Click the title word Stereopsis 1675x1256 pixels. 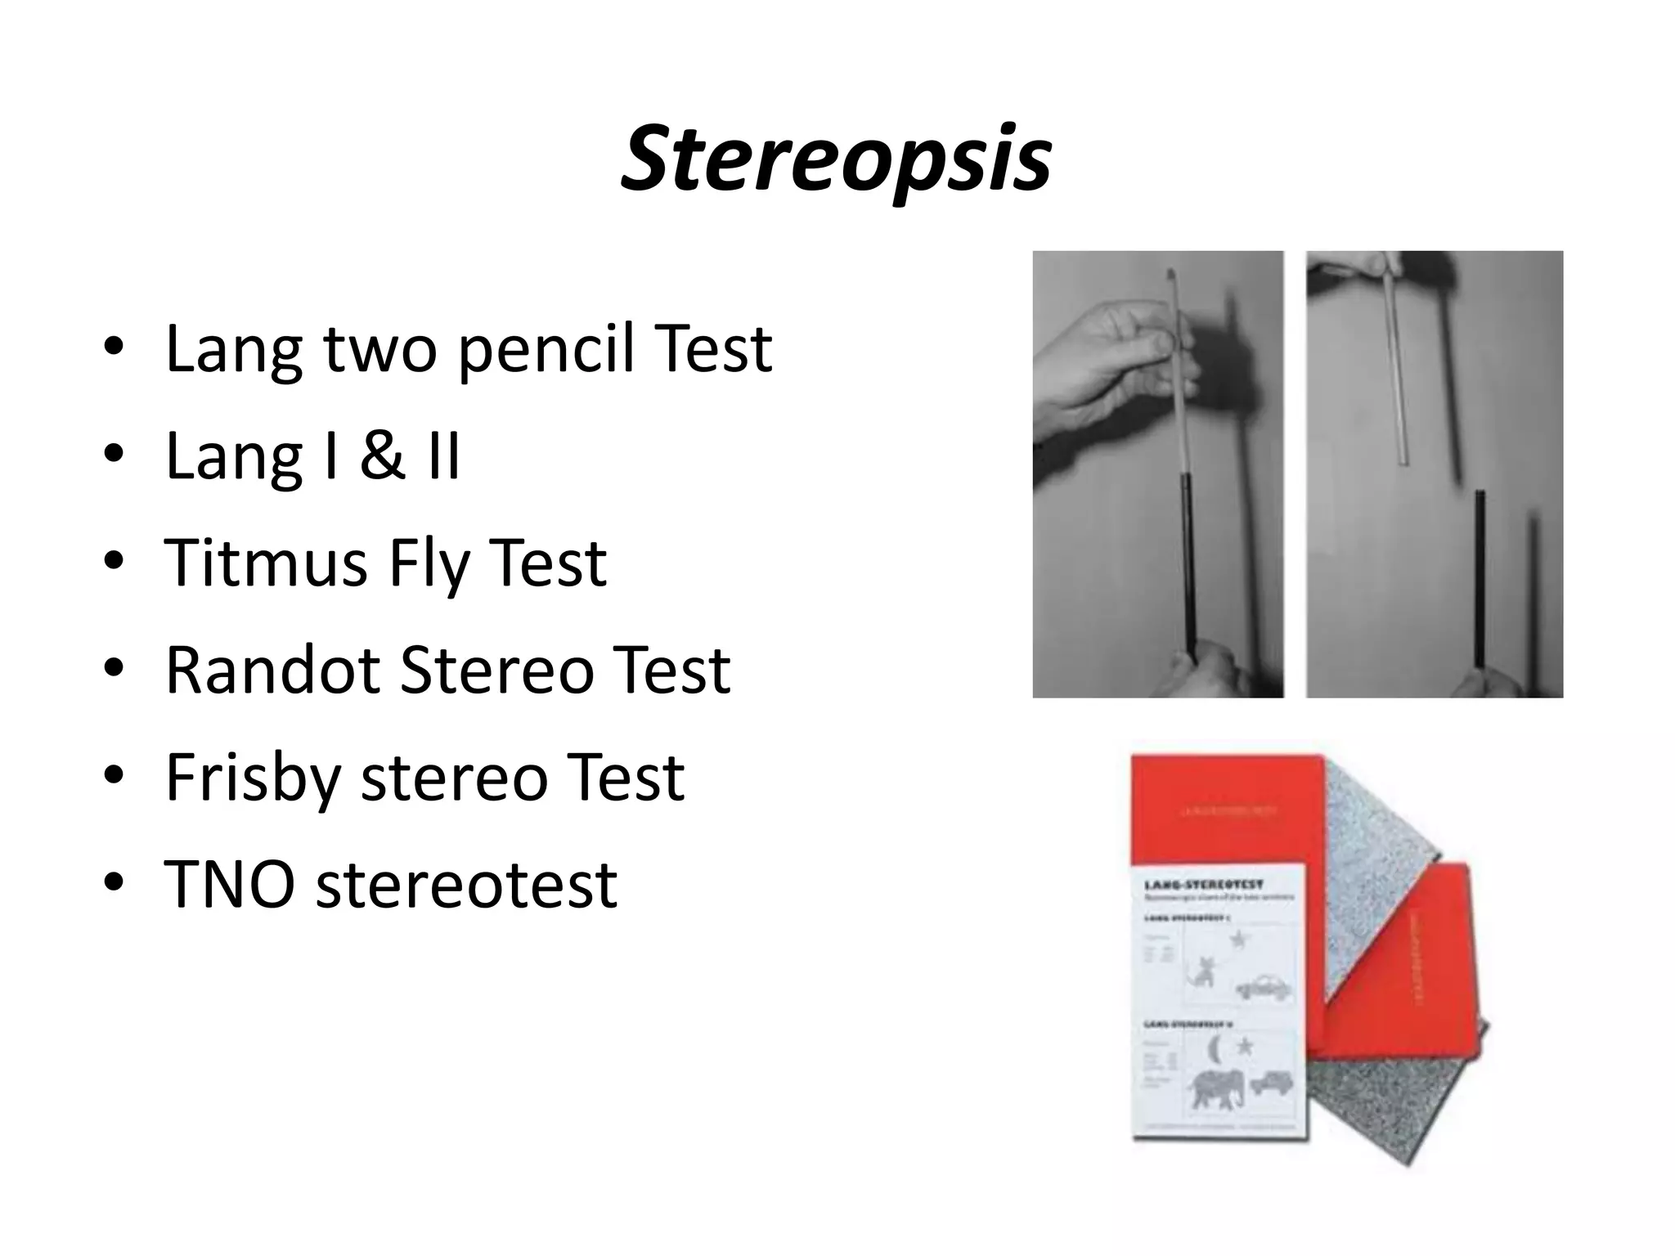(836, 159)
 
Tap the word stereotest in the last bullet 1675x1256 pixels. (466, 885)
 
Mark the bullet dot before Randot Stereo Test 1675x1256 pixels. (114, 670)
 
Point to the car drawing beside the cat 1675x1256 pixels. (1264, 986)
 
